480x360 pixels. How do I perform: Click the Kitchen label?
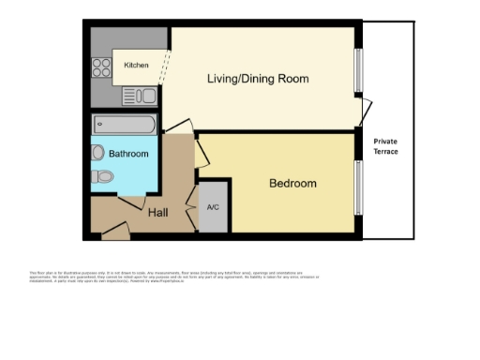[136, 66]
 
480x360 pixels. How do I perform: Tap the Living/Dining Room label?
[258, 79]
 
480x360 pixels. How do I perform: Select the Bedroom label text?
[292, 184]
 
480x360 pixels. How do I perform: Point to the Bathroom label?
[128, 154]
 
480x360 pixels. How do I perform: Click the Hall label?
[158, 213]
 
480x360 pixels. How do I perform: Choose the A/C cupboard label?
[212, 207]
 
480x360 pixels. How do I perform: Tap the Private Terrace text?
[385, 147]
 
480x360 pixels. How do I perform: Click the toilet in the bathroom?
[105, 176]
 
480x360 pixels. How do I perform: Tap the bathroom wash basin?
[98, 153]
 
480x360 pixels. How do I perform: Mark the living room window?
[356, 70]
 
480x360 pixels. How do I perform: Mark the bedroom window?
[356, 187]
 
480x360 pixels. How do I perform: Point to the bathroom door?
[130, 200]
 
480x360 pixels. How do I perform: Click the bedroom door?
[201, 154]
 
